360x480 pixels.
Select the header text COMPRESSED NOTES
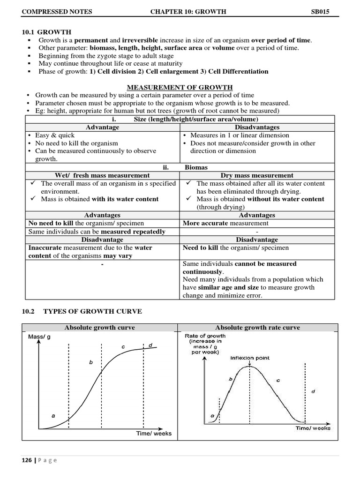[57, 12]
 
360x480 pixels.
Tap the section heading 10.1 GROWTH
[47, 32]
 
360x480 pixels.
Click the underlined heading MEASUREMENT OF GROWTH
[180, 87]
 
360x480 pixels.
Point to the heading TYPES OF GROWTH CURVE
[92, 311]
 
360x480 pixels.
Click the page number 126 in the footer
[26, 460]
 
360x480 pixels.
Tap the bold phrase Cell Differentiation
[238, 71]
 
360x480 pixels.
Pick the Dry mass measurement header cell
[257, 175]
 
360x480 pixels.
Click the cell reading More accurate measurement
[225, 223]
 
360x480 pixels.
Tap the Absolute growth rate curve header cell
[257, 328]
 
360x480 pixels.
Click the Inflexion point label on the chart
[249, 358]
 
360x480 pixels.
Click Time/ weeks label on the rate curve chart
[313, 427]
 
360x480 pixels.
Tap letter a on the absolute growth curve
[53, 415]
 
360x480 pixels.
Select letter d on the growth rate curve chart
[313, 390]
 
